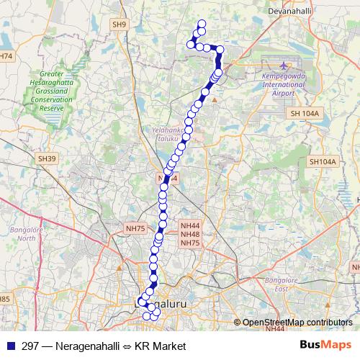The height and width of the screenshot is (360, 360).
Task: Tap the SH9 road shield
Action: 119,24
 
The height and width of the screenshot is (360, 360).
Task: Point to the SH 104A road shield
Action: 305,114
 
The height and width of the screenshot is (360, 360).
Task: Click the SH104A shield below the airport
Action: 323,162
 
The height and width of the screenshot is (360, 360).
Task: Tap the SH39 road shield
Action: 47,158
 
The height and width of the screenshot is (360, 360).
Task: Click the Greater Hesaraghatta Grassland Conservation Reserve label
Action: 41,90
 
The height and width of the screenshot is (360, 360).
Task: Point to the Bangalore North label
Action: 27,233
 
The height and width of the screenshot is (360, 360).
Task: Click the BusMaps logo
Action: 325,346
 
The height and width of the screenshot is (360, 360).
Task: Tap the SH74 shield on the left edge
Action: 6,55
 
